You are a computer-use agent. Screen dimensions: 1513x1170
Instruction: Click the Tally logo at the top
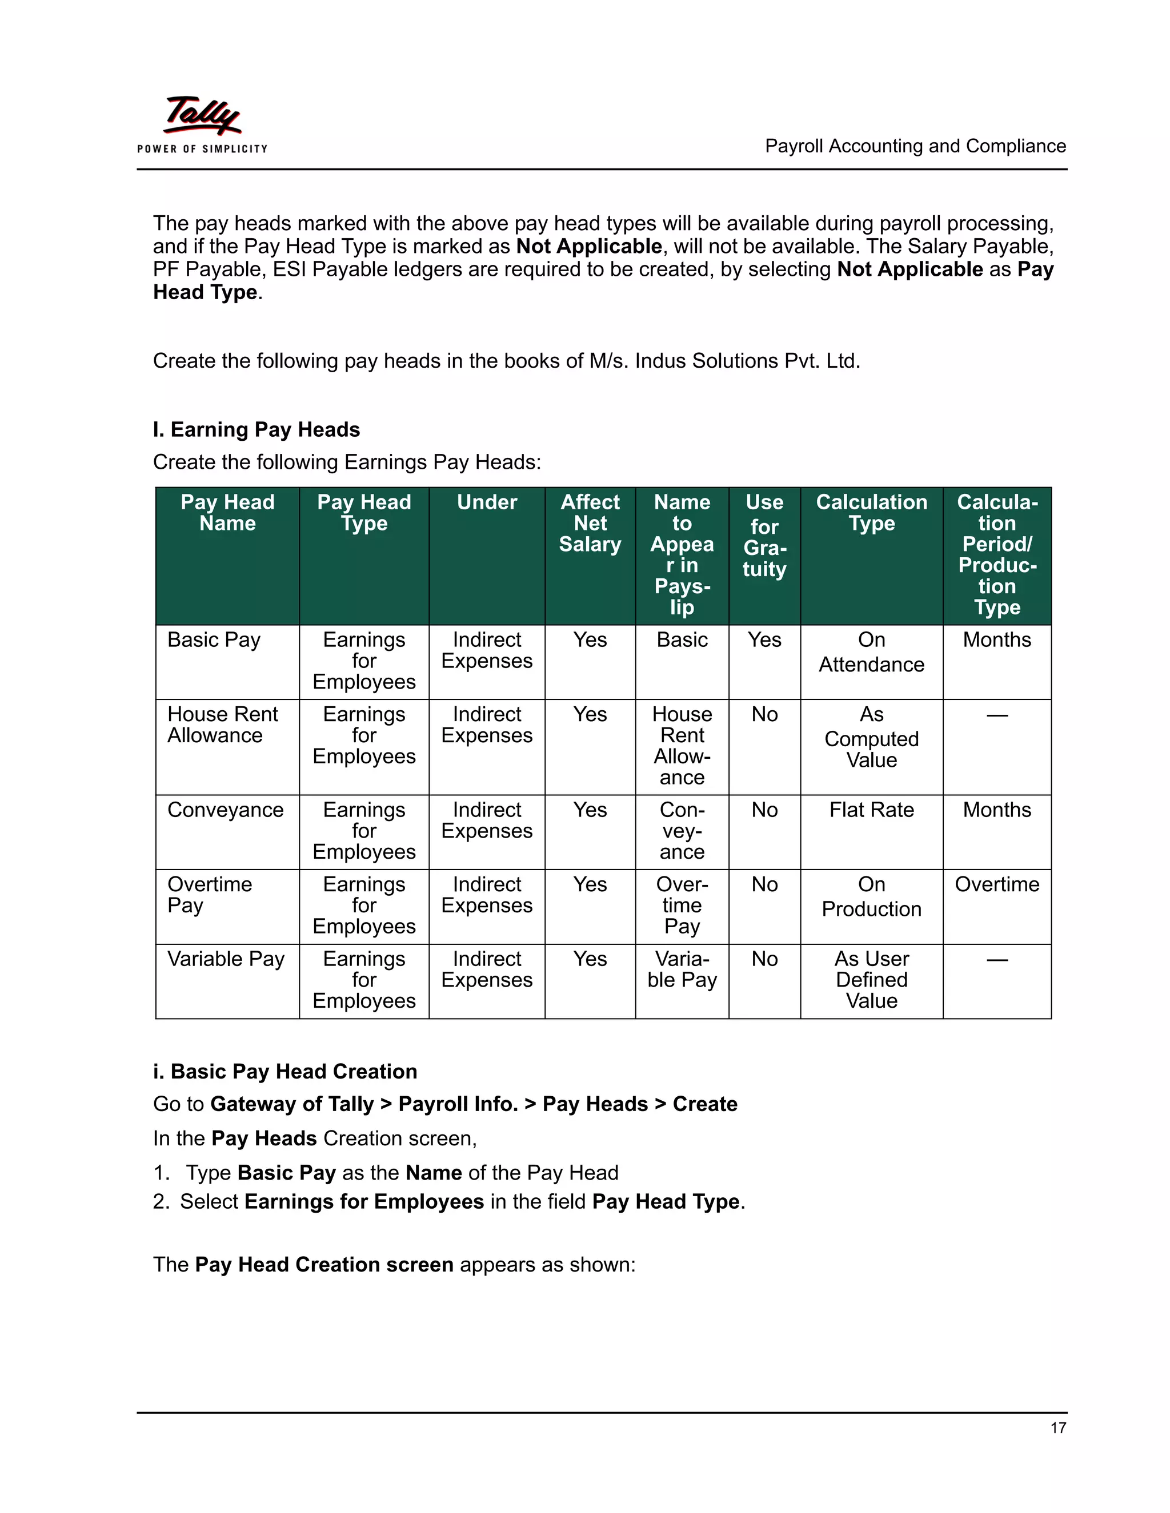click(x=202, y=123)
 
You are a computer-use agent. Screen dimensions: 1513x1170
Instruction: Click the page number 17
click(x=1057, y=1428)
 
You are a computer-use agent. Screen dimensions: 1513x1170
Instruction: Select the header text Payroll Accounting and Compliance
click(x=915, y=146)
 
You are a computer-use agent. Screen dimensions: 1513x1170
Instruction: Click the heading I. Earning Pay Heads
click(x=257, y=429)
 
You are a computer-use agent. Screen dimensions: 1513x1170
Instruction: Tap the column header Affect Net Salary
click(x=590, y=523)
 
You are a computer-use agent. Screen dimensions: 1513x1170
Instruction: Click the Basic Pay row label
click(x=214, y=639)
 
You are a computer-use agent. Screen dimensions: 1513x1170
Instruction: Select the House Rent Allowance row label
click(x=222, y=725)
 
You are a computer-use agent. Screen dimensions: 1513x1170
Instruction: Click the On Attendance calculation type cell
click(x=871, y=652)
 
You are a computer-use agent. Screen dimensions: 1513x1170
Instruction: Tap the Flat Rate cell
click(x=871, y=810)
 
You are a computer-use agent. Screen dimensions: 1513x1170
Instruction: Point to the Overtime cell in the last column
click(x=997, y=884)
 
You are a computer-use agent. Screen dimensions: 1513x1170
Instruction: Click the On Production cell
click(x=871, y=897)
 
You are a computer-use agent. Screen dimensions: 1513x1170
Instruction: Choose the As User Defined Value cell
click(x=871, y=980)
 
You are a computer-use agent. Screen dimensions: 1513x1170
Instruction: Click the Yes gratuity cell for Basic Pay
click(x=764, y=639)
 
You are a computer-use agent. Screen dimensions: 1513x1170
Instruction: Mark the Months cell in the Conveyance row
click(x=997, y=810)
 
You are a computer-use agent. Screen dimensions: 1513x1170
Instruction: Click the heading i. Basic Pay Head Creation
click(x=285, y=1072)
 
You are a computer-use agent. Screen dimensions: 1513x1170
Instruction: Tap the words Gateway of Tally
click(x=291, y=1104)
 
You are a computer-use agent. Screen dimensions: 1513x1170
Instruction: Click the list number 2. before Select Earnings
click(x=161, y=1202)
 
